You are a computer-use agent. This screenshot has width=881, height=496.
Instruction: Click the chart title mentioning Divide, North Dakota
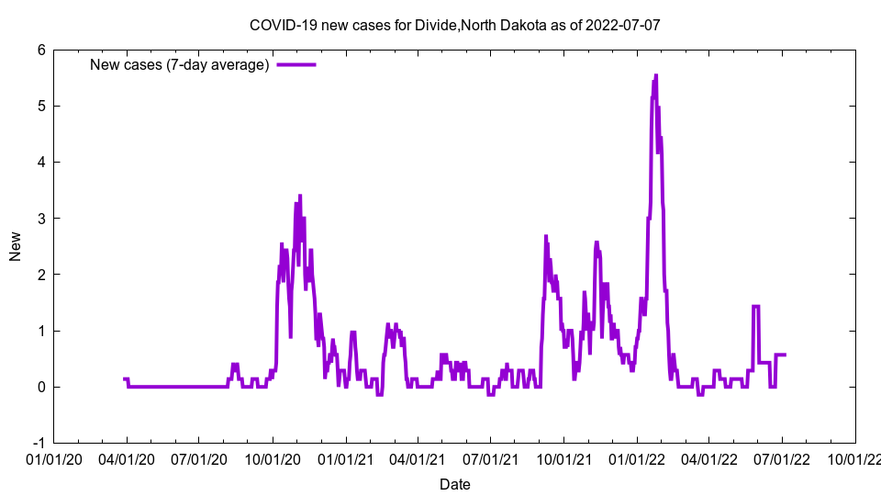pyautogui.click(x=454, y=25)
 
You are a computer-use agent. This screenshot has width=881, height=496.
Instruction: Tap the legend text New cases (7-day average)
pyautogui.click(x=179, y=64)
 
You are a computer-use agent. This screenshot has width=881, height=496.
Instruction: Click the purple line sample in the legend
pyautogui.click(x=296, y=64)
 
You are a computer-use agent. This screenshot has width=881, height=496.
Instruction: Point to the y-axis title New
pyautogui.click(x=16, y=245)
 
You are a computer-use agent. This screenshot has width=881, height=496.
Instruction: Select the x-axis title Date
pyautogui.click(x=455, y=484)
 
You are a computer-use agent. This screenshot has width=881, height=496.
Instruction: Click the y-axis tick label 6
pyautogui.click(x=41, y=50)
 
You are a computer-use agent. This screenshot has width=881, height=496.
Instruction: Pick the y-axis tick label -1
pyautogui.click(x=39, y=443)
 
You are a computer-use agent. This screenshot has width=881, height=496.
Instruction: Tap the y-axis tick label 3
pyautogui.click(x=41, y=218)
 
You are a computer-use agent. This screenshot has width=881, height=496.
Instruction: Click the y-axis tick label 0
pyautogui.click(x=41, y=387)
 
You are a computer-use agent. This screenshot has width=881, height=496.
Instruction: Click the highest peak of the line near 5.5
pyautogui.click(x=656, y=75)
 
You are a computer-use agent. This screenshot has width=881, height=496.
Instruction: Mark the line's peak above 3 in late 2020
pyautogui.click(x=300, y=196)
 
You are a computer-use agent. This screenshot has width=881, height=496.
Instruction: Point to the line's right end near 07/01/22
pyautogui.click(x=786, y=355)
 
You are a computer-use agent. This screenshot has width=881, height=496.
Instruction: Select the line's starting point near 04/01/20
pyautogui.click(x=124, y=378)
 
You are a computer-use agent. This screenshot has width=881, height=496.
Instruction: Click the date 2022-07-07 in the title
pyautogui.click(x=625, y=25)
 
